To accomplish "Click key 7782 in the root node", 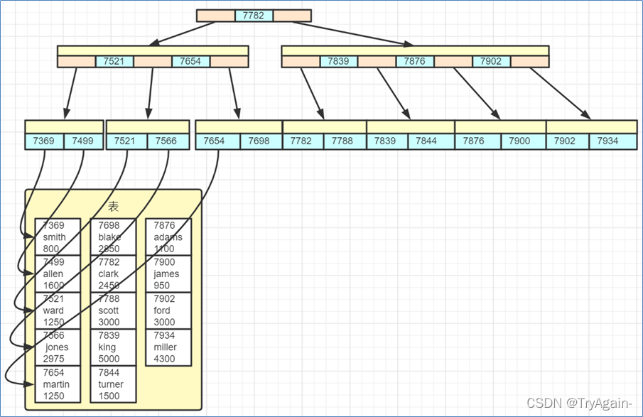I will (x=254, y=16).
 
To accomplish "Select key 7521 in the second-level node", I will (x=114, y=61).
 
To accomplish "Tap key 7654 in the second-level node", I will (x=190, y=61).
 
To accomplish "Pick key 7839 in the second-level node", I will (x=338, y=61).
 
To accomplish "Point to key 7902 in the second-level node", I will (x=491, y=61).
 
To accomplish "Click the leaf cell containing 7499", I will (x=83, y=141).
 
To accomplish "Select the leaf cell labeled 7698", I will (x=259, y=141).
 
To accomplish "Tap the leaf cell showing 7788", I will (x=342, y=141).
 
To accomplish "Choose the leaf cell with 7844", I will (x=426, y=141).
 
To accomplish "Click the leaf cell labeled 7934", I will (x=607, y=141).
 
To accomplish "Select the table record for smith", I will (x=58, y=237).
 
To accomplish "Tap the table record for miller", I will (x=168, y=347).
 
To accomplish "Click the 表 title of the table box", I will (x=113, y=206).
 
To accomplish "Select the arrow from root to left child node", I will (x=183, y=33).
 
